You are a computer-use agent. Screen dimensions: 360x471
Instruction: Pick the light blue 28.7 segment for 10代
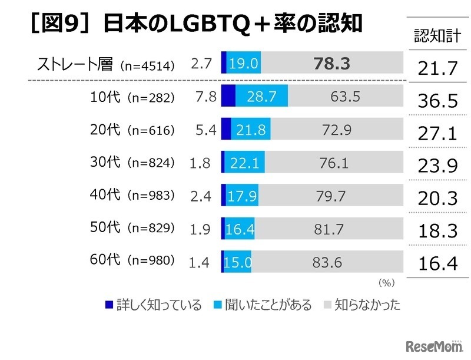pos(261,97)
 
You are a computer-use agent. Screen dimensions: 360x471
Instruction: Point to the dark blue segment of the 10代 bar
pos(228,97)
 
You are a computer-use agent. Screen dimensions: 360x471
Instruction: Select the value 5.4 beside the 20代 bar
pos(207,130)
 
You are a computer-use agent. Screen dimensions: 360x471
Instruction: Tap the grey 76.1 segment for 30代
pos(334,163)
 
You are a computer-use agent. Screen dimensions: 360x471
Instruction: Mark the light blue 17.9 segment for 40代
pos(241,196)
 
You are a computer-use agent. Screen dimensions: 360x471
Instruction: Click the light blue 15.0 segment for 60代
pos(238,262)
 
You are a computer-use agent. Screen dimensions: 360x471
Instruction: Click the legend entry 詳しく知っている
pos(154,305)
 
